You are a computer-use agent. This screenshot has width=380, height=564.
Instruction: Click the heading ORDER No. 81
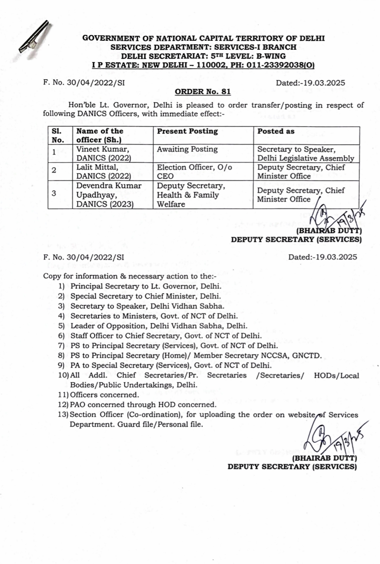click(x=203, y=92)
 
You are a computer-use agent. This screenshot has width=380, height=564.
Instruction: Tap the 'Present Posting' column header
click(x=187, y=131)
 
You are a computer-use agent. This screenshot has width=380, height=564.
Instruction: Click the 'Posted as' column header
click(x=276, y=131)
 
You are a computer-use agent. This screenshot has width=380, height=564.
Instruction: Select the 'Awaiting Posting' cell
click(x=187, y=149)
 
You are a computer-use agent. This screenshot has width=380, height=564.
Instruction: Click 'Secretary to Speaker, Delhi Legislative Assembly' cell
click(x=305, y=154)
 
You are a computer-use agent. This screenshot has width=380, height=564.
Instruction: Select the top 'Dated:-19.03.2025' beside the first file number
click(x=310, y=83)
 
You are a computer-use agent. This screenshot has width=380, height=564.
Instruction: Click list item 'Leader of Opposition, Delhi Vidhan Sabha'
click(x=159, y=326)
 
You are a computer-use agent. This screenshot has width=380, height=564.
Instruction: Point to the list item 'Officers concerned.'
click(x=104, y=395)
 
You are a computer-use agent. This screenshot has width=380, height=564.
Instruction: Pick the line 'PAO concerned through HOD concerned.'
click(x=143, y=405)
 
